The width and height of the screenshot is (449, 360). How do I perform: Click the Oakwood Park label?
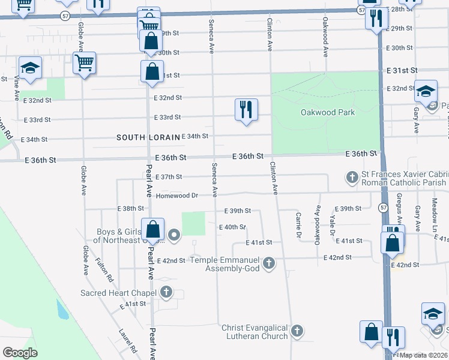click(328, 112)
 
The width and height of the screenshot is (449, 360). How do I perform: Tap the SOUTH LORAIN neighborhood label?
click(148, 137)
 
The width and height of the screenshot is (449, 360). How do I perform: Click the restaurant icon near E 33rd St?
click(246, 110)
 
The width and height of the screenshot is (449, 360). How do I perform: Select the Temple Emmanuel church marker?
click(270, 262)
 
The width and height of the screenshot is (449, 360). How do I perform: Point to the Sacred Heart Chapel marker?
click(166, 293)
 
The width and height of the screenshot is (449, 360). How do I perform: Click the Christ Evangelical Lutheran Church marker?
click(296, 331)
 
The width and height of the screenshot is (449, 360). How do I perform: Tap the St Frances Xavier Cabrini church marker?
click(352, 177)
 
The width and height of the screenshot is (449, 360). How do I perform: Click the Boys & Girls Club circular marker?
click(174, 235)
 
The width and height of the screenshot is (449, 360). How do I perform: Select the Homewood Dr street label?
click(177, 196)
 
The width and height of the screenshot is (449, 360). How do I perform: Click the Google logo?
click(20, 353)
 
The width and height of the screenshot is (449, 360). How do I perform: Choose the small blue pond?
click(61, 310)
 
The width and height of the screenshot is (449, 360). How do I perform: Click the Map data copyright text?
click(423, 355)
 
